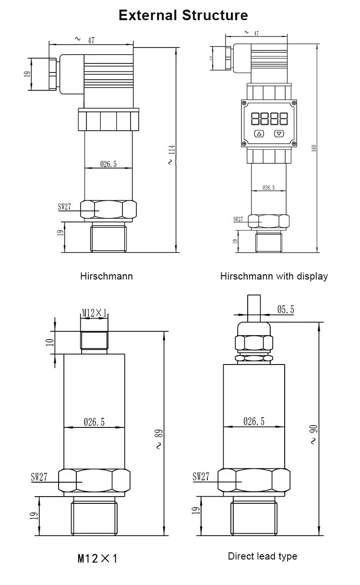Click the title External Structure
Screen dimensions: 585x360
183,15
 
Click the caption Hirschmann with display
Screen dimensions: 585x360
274,276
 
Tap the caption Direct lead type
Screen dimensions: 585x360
262,556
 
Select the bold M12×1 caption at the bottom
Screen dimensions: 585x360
97,558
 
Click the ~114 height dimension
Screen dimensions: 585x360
171,155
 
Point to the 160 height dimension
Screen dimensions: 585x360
314,148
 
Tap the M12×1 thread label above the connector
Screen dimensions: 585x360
94,313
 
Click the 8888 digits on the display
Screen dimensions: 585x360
269,117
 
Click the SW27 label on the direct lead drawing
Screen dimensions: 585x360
201,476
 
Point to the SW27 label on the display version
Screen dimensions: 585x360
239,219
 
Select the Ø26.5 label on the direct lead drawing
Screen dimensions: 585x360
253,422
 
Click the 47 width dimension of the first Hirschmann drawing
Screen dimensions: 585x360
90,41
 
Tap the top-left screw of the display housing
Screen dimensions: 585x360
245,103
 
